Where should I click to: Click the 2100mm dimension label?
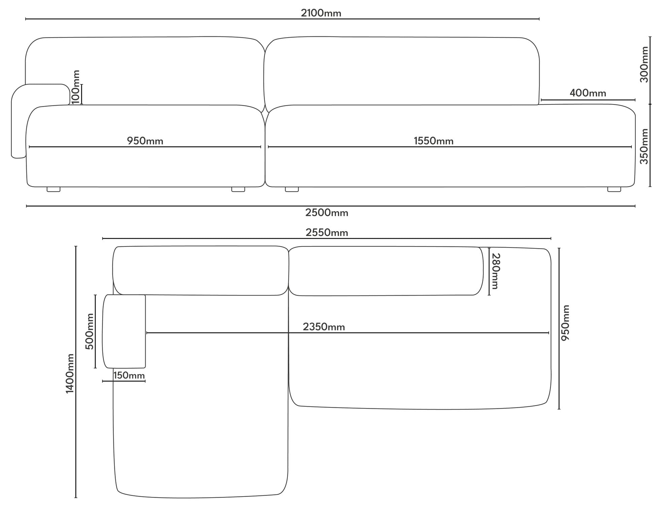[321, 13]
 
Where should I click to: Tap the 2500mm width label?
[326, 213]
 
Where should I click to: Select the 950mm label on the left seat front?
[145, 141]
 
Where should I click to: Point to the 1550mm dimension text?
[434, 141]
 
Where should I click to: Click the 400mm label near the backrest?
[588, 93]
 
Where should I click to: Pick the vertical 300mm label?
[644, 64]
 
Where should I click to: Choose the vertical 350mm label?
[644, 146]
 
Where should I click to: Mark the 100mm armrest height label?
[76, 87]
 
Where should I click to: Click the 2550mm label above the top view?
[326, 233]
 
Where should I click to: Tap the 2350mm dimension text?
[324, 327]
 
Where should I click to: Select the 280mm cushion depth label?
[496, 271]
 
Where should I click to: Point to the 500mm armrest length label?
[90, 331]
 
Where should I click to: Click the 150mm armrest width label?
[129, 375]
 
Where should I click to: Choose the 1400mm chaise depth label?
[70, 373]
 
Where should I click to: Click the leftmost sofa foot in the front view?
[54, 189]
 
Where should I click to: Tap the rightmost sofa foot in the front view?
[614, 189]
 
